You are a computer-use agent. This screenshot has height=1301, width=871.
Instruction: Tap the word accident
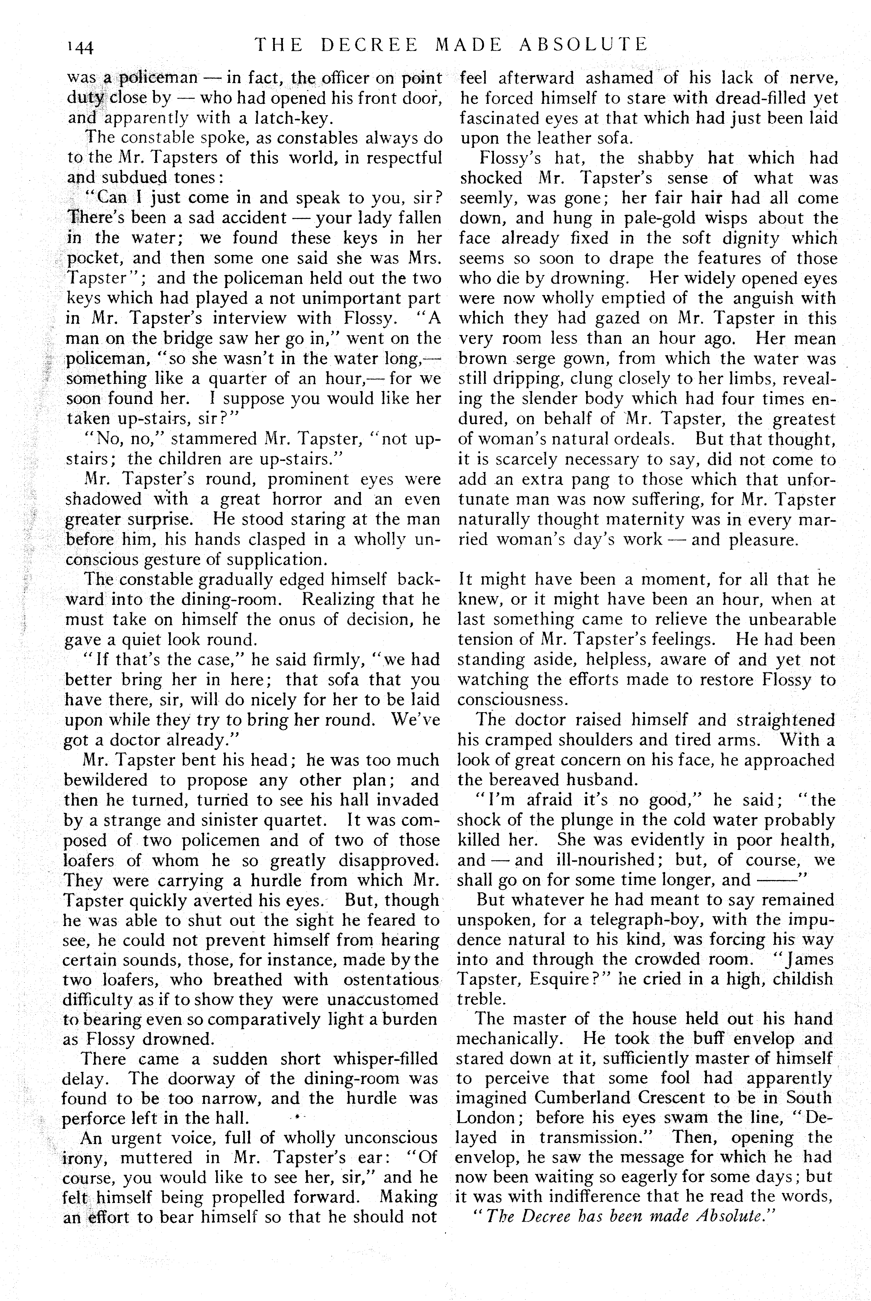point(252,218)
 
